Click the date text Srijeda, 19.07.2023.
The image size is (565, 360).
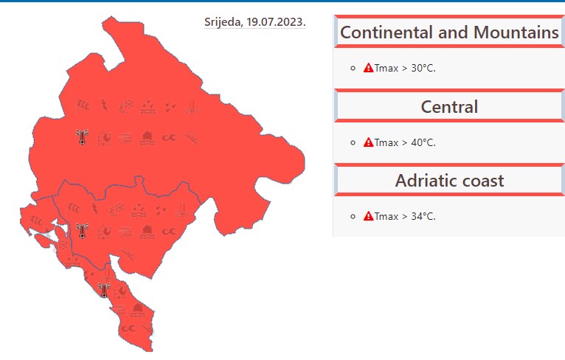click(x=254, y=22)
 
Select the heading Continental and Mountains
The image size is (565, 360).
click(x=449, y=32)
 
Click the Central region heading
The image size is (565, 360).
click(x=449, y=107)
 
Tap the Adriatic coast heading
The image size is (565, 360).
click(x=449, y=181)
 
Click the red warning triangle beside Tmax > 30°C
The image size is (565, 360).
click(x=368, y=68)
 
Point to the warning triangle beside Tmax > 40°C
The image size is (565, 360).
click(x=368, y=142)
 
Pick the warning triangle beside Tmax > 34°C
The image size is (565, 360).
click(x=368, y=216)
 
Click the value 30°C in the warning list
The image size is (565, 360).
click(x=423, y=68)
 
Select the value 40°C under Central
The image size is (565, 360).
click(x=423, y=142)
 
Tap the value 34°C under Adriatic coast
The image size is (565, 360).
click(x=423, y=217)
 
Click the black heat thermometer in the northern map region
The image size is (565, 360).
click(x=82, y=137)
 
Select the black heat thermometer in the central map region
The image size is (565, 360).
click(x=82, y=231)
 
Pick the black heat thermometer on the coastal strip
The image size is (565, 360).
click(x=104, y=290)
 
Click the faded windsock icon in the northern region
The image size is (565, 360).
click(x=83, y=106)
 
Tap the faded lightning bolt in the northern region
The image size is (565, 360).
click(x=105, y=106)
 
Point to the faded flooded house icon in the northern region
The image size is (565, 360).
click(x=147, y=138)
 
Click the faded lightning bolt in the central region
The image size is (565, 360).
click(x=95, y=209)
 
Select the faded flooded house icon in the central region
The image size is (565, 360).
click(x=147, y=232)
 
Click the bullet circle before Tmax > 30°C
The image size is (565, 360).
click(x=353, y=68)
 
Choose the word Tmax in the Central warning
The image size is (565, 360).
click(x=387, y=142)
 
